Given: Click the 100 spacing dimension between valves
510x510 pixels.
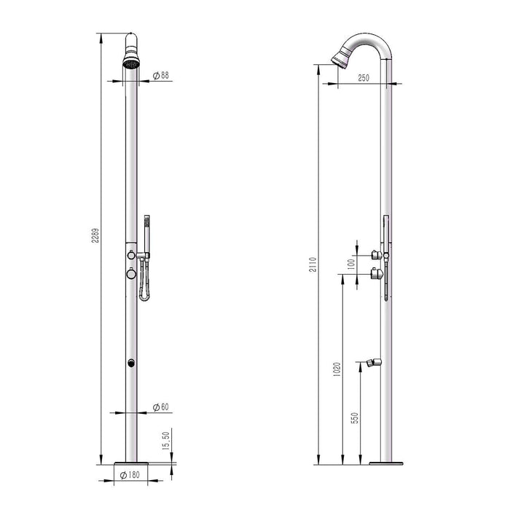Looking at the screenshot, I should pyautogui.click(x=351, y=263).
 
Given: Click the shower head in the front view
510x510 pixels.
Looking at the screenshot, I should pyautogui.click(x=132, y=58).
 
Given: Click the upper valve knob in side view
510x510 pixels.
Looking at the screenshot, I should pyautogui.click(x=374, y=254).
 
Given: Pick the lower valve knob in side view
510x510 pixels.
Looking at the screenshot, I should pyautogui.click(x=374, y=273).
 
